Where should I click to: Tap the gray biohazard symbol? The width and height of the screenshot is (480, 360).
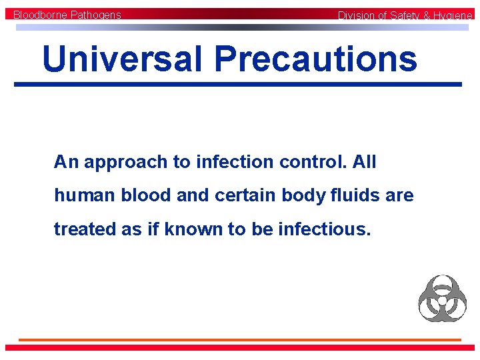(442, 298)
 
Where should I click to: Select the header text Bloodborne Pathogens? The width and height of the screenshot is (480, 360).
(67, 15)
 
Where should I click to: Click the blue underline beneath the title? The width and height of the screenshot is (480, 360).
(238, 84)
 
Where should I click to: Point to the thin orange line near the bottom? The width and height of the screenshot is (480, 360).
(239, 340)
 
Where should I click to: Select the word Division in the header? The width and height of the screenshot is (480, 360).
(357, 15)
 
